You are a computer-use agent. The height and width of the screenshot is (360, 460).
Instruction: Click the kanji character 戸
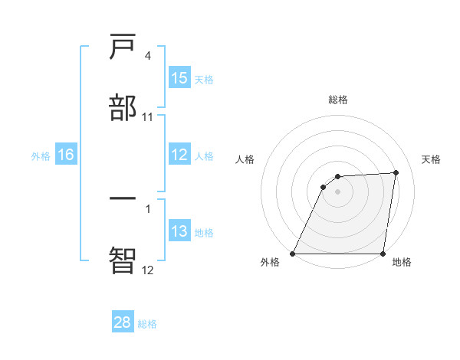(x=123, y=48)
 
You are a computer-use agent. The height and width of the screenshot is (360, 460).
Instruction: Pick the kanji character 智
(x=123, y=260)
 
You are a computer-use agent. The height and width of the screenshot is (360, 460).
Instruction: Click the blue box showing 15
(x=179, y=78)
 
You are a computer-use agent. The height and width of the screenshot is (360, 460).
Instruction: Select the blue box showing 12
(x=179, y=155)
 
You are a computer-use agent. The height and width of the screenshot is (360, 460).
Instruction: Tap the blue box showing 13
(x=179, y=231)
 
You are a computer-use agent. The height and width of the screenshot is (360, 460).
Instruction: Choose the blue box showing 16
(x=66, y=155)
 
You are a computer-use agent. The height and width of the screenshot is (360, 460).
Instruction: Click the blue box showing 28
(x=123, y=322)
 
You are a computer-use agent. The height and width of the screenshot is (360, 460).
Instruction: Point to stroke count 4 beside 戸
(x=147, y=56)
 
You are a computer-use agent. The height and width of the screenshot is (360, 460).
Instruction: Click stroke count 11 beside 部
(x=148, y=116)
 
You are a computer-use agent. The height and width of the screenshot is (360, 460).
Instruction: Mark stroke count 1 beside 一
(x=147, y=208)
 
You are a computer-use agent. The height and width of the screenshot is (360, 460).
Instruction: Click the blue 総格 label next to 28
(x=147, y=324)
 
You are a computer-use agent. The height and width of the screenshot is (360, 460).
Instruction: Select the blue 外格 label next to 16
(x=41, y=156)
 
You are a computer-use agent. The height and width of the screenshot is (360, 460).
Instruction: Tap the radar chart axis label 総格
(x=338, y=100)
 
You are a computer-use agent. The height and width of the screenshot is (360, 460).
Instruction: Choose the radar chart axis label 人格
(x=245, y=159)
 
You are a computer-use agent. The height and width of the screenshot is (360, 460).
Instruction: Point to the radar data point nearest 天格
(x=396, y=172)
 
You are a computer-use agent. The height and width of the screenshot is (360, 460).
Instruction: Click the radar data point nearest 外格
(x=293, y=254)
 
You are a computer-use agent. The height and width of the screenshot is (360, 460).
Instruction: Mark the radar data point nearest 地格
(x=383, y=254)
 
